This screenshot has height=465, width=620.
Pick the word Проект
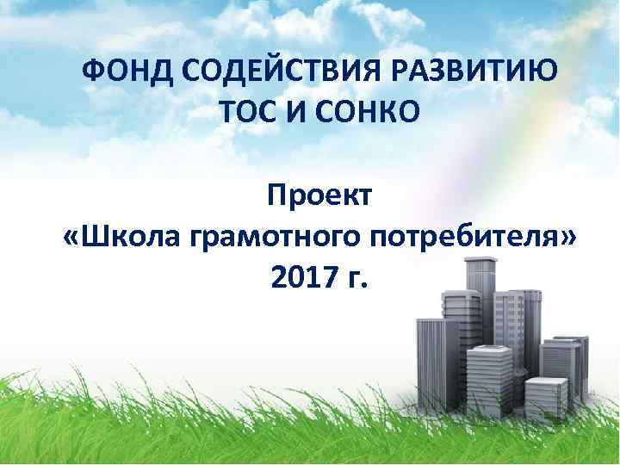coord(319,196)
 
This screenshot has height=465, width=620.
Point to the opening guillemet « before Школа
coord(72,237)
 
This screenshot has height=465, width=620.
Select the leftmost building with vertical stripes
coord(430,362)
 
